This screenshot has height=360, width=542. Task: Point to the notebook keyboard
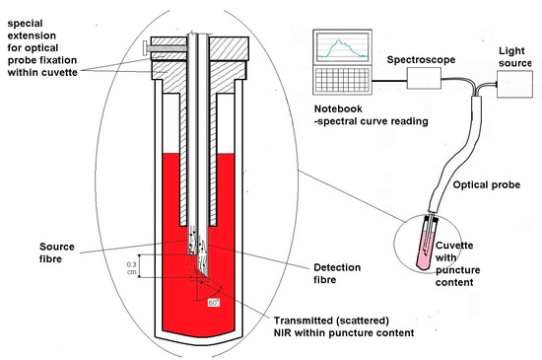pos(342,90)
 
